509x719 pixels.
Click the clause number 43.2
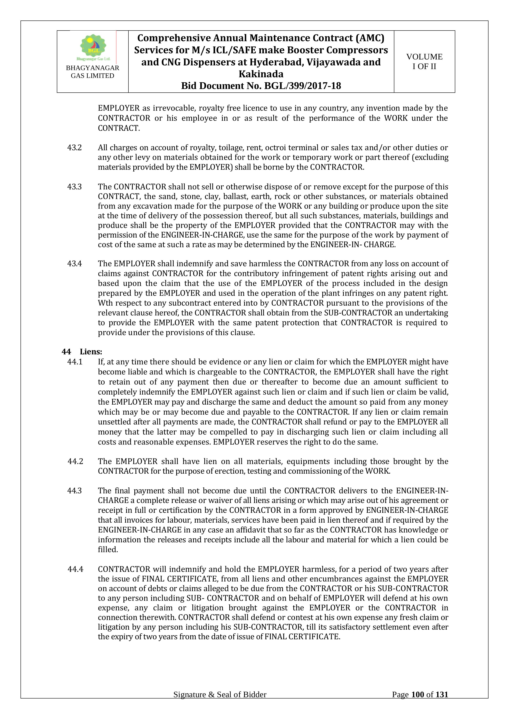[x=74, y=148]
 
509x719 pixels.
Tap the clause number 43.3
[x=74, y=187]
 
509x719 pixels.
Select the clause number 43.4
[x=74, y=264]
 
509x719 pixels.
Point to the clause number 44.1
[x=75, y=362]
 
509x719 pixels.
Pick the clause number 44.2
[x=75, y=461]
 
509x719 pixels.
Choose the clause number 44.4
[x=75, y=569]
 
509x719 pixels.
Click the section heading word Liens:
[x=91, y=352]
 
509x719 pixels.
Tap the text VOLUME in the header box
[x=424, y=57]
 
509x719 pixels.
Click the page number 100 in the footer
[x=417, y=703]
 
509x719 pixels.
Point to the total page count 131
[x=442, y=703]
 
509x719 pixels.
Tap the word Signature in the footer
[x=190, y=703]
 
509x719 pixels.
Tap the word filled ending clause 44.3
[x=108, y=549]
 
